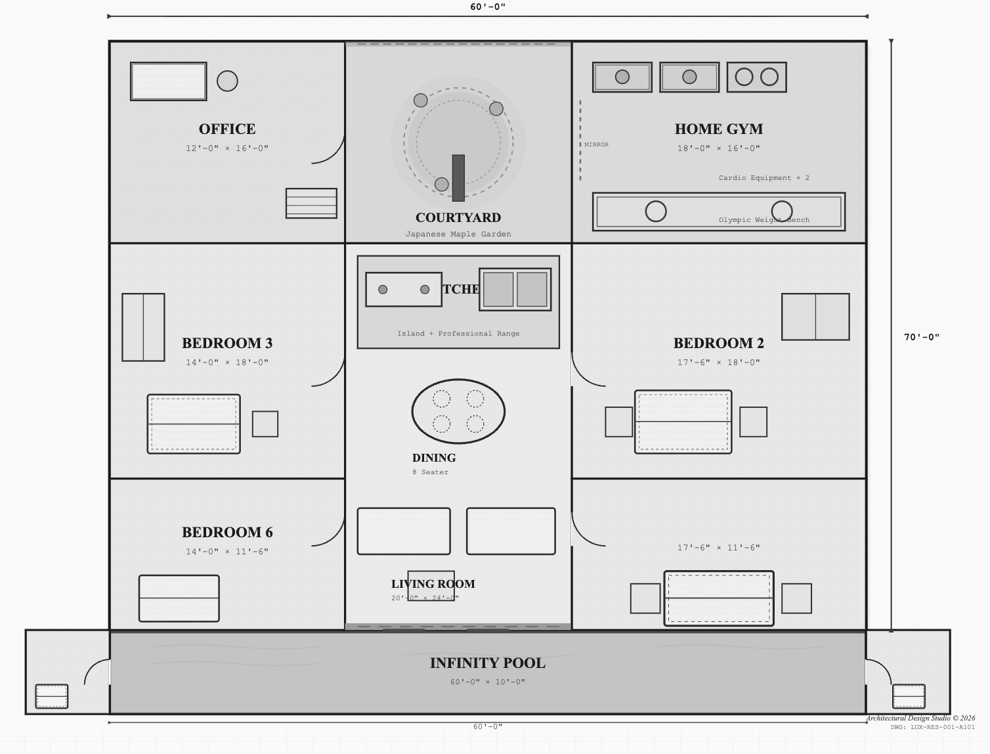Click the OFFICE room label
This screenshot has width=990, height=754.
point(227,129)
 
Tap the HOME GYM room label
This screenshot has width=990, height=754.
point(718,129)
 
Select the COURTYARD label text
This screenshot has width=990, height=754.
point(458,217)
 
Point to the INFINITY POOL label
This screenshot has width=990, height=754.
point(487,663)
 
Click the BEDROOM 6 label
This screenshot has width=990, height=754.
point(227,532)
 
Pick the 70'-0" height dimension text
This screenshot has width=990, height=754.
point(921,337)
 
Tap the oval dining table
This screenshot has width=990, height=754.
point(458,411)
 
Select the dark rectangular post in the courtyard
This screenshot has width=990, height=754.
point(458,177)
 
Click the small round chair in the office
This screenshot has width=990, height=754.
point(227,81)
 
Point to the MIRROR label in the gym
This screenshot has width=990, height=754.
point(596,144)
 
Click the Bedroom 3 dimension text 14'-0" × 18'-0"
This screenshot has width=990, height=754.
point(227,362)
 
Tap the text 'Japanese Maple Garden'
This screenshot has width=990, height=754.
point(458,234)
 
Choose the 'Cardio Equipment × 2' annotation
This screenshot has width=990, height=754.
point(764,177)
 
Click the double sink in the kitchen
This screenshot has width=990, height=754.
point(515,289)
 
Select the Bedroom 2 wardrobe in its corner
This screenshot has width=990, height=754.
point(815,317)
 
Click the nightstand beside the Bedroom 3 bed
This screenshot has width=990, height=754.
point(265,424)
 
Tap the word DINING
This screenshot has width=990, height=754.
point(433,458)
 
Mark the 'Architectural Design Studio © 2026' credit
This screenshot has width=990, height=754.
point(920,718)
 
